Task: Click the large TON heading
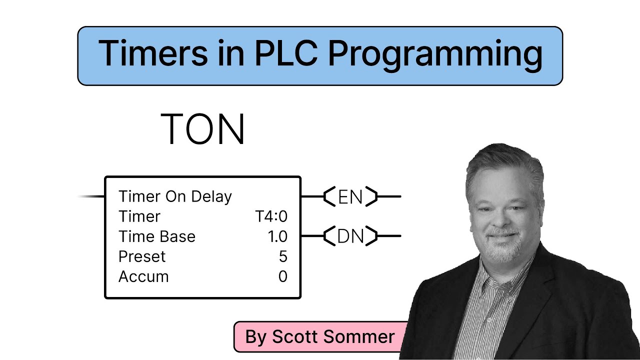[203, 129]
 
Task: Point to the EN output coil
[350, 197]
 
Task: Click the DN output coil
[350, 236]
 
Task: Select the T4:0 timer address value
[271, 216]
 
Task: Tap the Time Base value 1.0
[277, 236]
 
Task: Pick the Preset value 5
[283, 256]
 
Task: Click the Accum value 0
[283, 276]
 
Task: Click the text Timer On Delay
[175, 196]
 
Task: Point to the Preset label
[142, 256]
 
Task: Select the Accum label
[143, 276]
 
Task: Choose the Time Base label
[157, 236]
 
